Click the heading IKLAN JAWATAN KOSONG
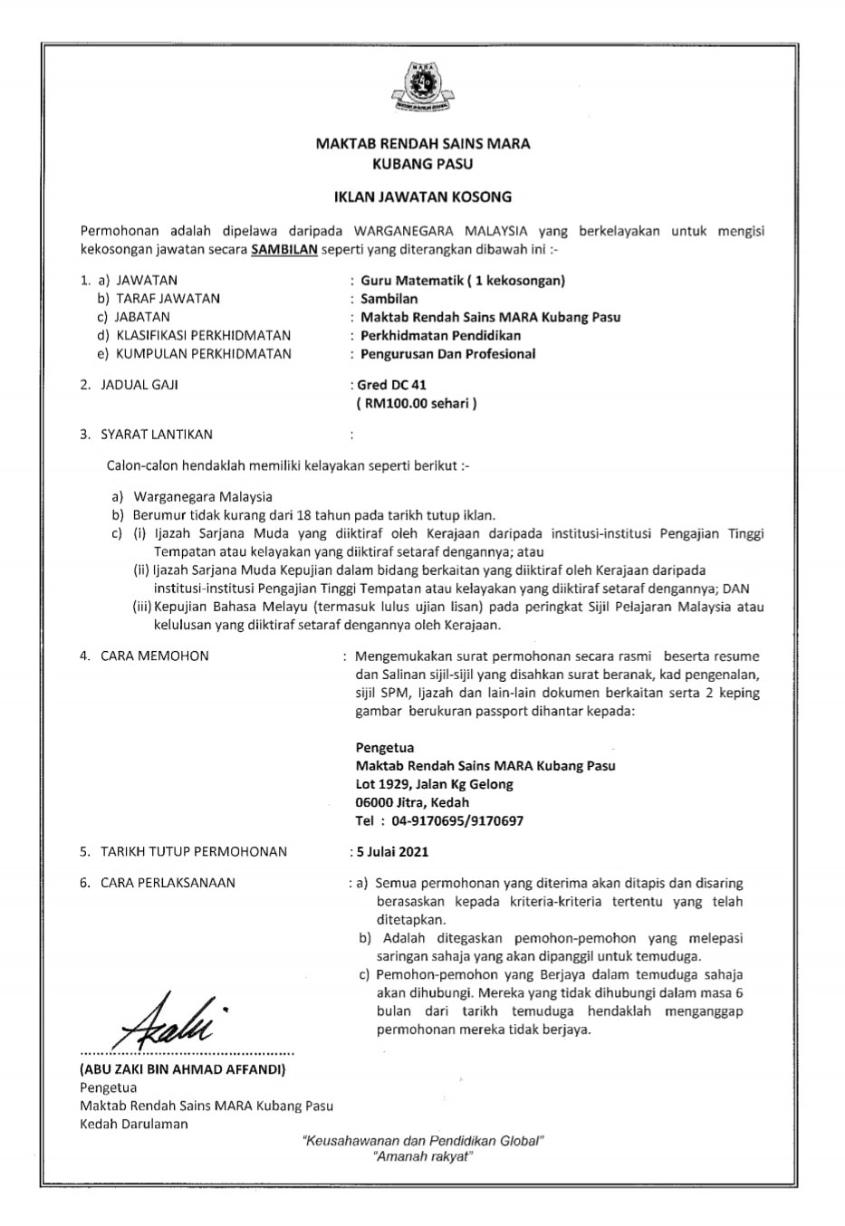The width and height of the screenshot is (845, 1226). click(x=422, y=196)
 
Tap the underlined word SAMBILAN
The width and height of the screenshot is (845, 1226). click(x=284, y=249)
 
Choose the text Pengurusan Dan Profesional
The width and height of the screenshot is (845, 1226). click(x=447, y=353)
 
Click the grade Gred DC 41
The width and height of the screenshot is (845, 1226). click(x=393, y=385)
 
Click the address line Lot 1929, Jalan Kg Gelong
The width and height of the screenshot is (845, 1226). click(x=435, y=784)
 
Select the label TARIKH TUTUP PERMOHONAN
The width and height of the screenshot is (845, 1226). click(x=194, y=851)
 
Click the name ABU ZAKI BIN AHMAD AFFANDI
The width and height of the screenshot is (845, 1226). click(x=183, y=1069)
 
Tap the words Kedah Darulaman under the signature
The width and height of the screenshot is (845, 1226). click(x=134, y=1124)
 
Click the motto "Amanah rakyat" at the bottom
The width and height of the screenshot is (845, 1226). click(x=422, y=1157)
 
